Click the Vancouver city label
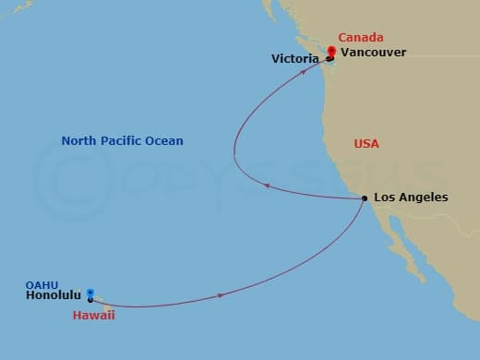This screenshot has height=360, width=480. coord(373,53)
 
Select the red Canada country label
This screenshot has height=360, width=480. coord(360,38)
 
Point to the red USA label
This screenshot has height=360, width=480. coord(366,144)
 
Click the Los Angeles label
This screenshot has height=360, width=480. coord(411,198)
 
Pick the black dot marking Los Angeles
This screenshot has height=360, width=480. coord(365,198)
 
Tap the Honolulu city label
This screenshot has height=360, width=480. coord(55,297)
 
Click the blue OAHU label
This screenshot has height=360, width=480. coord(42,285)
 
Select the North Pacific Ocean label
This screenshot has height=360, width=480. coord(122,141)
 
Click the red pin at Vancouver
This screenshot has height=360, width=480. coord(331,52)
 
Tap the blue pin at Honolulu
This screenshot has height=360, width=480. coord(90,294)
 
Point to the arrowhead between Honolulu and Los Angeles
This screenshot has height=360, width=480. coord(221,295)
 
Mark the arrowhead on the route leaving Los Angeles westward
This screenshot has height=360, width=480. coord(267,186)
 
